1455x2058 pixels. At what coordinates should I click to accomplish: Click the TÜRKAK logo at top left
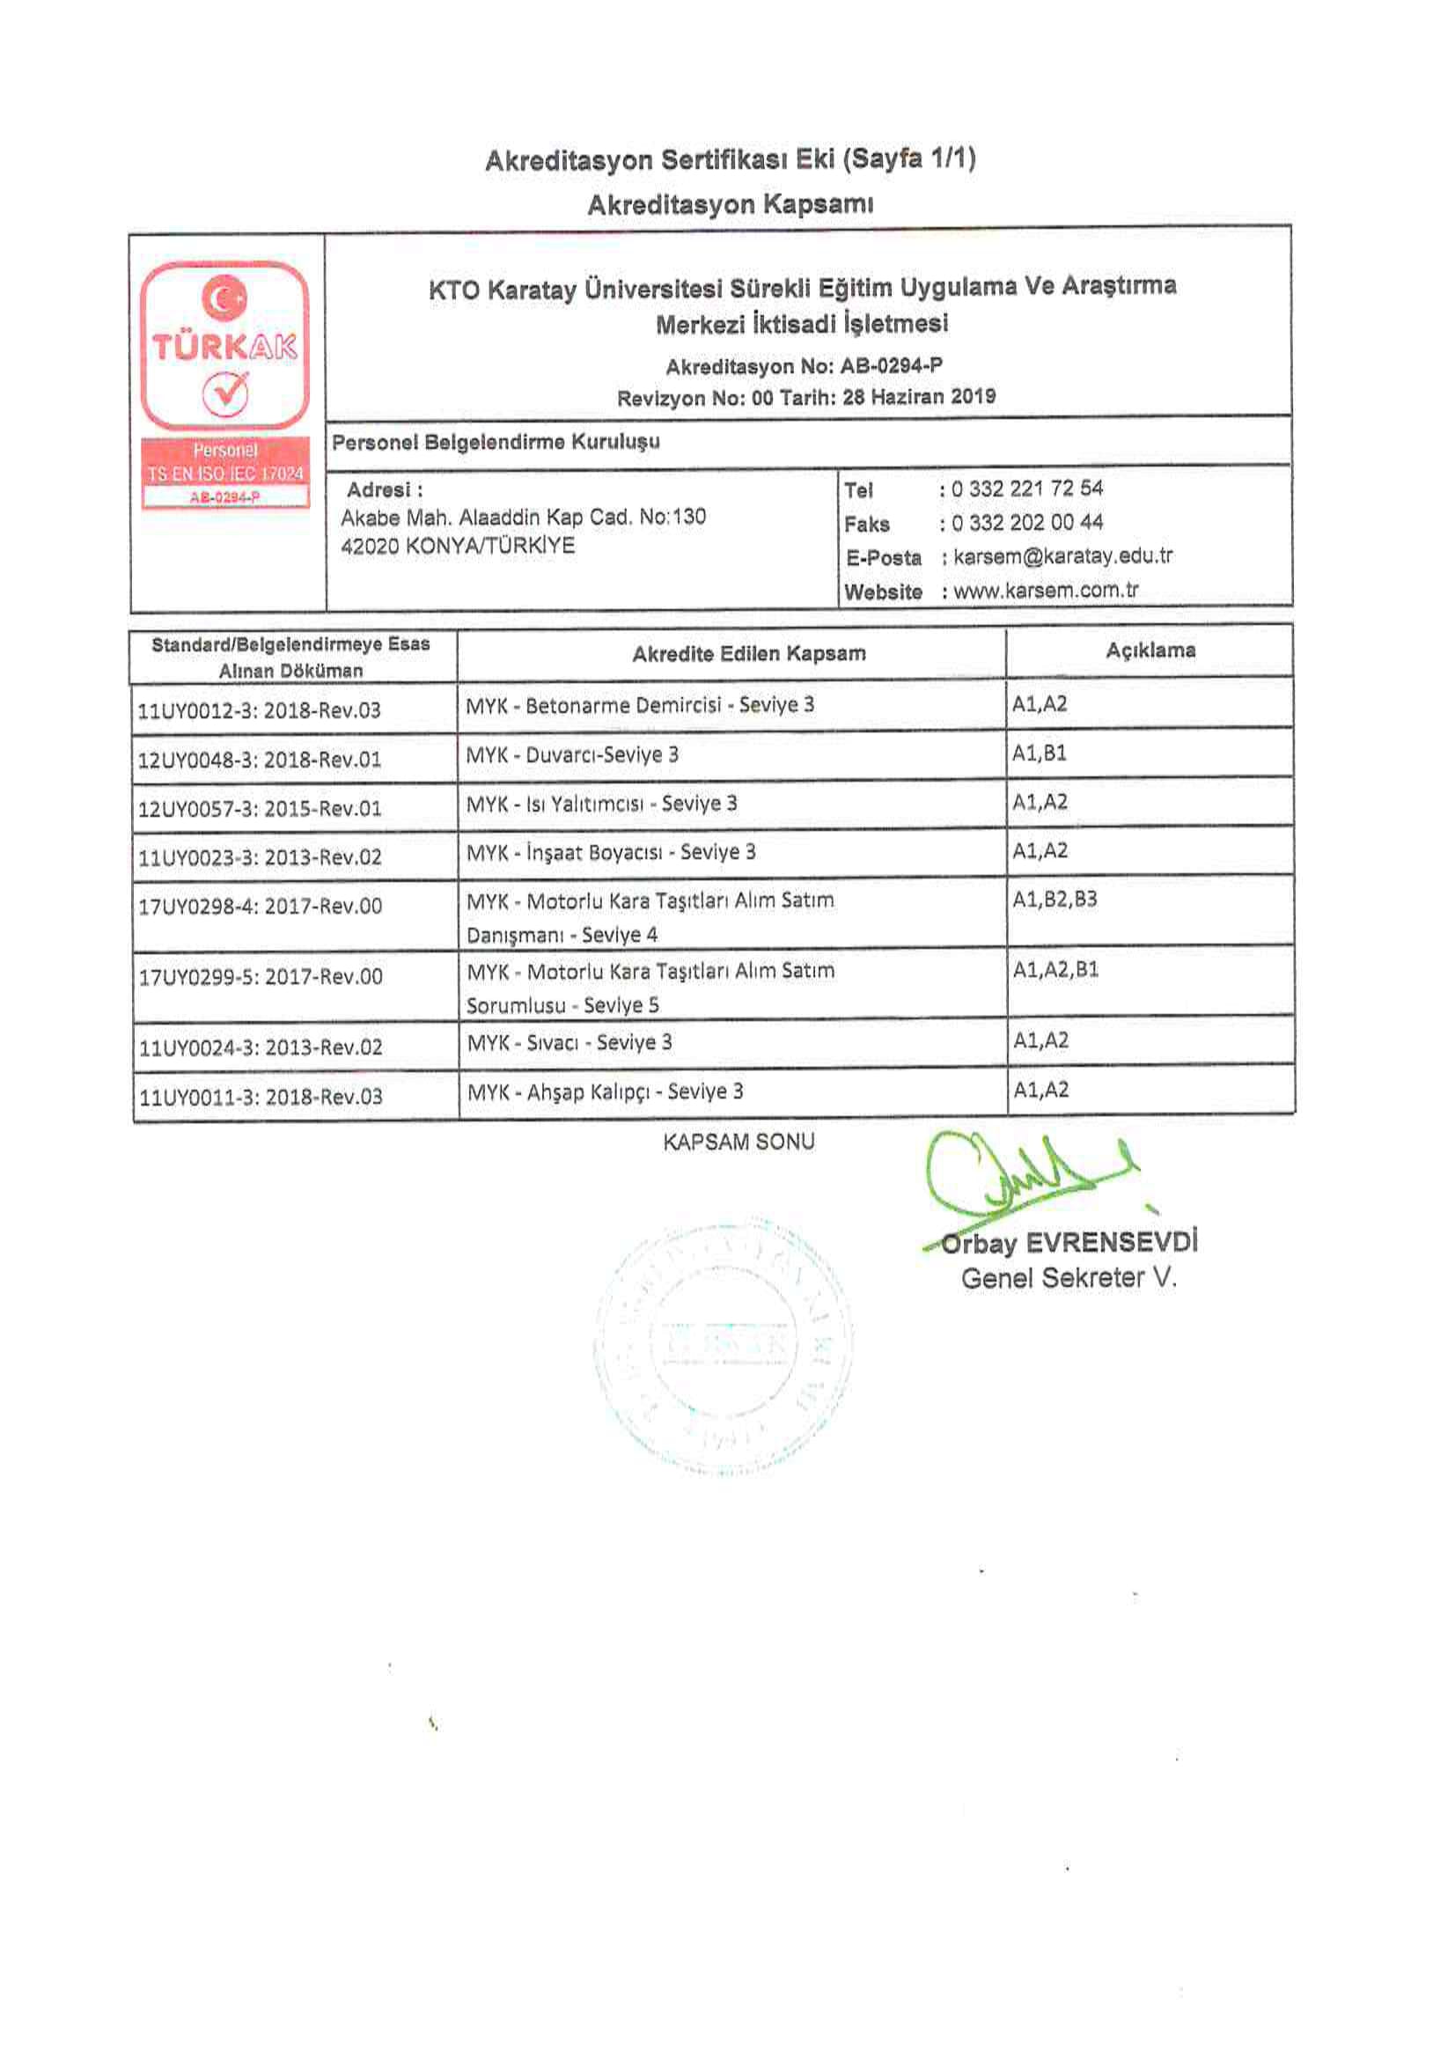224,347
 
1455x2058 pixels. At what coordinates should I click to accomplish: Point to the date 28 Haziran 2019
919,396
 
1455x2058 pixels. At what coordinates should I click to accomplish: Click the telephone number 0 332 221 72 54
1026,489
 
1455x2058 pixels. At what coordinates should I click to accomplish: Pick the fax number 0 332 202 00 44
1026,523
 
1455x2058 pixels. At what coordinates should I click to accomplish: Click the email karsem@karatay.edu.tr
1062,556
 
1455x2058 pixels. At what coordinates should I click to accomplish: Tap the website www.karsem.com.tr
1046,591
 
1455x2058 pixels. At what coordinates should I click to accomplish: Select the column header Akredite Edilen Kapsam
748,653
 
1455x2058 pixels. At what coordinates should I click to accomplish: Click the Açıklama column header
1150,650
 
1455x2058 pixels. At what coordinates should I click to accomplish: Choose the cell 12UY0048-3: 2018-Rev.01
259,759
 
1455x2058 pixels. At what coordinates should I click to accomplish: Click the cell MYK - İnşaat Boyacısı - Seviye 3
611,851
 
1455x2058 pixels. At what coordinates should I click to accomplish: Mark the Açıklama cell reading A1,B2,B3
1055,899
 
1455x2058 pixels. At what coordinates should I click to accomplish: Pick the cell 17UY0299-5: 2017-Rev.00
260,976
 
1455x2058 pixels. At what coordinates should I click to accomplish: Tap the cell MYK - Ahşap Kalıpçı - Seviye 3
605,1091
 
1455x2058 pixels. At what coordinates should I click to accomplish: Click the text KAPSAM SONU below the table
739,1142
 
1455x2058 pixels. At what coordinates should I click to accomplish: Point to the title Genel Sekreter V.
1069,1278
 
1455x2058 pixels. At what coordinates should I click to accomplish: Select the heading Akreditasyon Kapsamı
730,204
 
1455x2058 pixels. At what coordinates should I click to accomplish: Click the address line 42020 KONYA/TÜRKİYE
457,546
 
